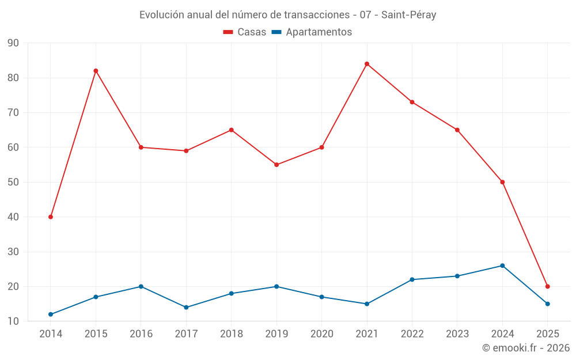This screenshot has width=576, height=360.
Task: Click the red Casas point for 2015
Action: click(96, 71)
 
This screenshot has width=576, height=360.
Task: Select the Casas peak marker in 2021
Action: click(367, 64)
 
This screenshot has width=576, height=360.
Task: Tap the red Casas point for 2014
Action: click(51, 217)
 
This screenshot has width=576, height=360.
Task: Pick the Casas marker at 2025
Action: click(548, 286)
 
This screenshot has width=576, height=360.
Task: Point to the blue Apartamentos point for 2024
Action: click(502, 266)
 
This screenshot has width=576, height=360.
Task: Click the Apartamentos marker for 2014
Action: click(51, 314)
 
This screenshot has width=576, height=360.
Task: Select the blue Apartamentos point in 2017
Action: click(186, 308)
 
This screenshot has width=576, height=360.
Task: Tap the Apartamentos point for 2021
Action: click(367, 304)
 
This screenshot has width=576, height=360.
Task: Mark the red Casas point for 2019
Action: click(276, 165)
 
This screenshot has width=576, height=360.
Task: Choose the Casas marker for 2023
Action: click(457, 130)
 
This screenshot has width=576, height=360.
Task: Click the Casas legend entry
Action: click(245, 32)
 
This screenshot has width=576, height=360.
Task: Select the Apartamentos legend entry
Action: click(312, 32)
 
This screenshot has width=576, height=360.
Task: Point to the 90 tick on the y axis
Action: click(13, 43)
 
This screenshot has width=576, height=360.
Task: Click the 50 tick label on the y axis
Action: click(13, 182)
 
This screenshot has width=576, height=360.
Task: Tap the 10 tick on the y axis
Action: click(13, 321)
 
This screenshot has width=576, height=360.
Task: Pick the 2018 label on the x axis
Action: click(231, 334)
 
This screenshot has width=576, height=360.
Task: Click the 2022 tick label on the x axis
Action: click(412, 334)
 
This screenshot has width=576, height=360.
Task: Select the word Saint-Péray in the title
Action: click(408, 15)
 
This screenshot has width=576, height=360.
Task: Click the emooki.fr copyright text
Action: click(525, 348)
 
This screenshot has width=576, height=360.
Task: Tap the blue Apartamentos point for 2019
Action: click(276, 286)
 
